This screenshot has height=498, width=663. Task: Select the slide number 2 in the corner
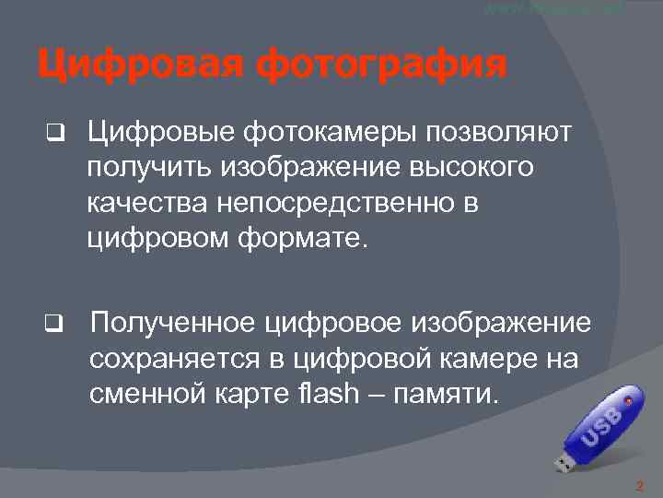639,485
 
